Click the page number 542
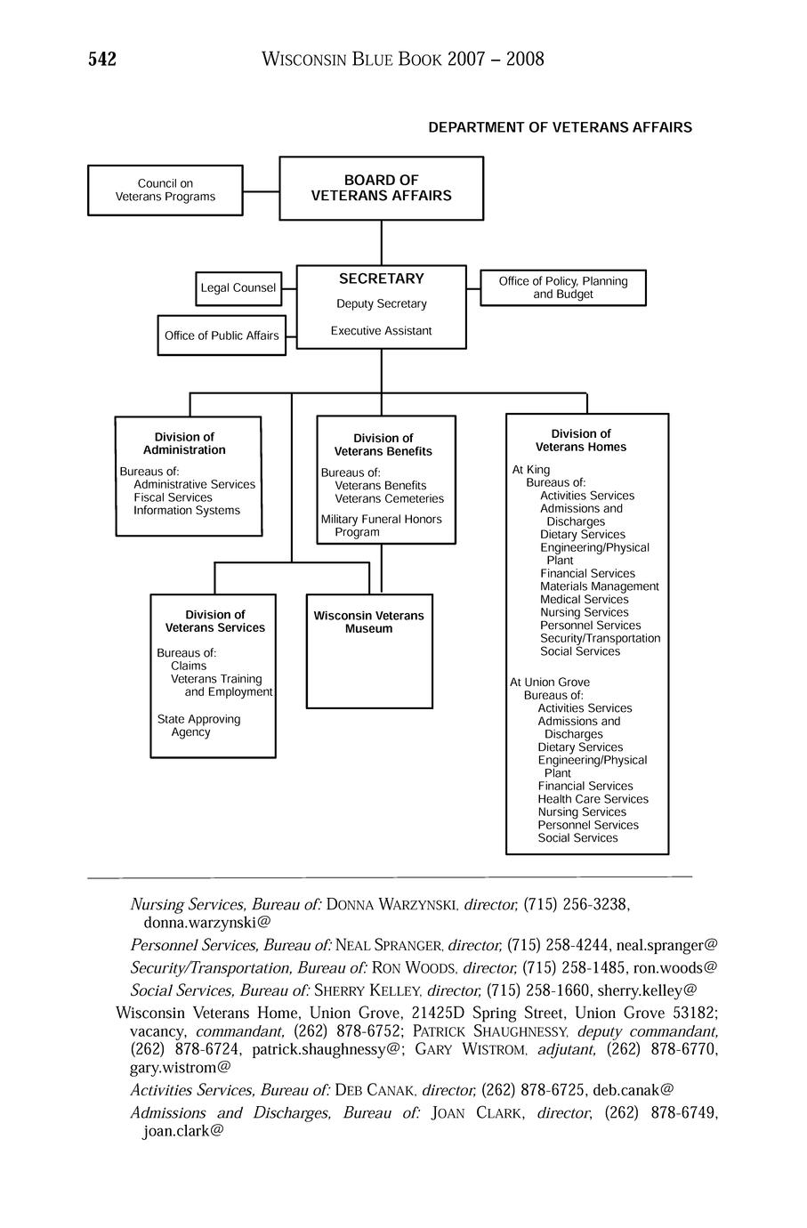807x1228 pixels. (x=102, y=60)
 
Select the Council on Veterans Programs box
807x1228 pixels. (x=165, y=190)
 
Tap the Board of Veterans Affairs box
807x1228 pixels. (x=381, y=188)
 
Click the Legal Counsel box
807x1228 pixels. (x=238, y=288)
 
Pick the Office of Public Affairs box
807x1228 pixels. (x=222, y=335)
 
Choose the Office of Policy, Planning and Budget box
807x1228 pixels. (x=563, y=287)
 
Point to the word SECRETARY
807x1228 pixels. (x=382, y=279)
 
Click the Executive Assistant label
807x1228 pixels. (x=382, y=331)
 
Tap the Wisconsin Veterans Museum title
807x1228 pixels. (x=369, y=622)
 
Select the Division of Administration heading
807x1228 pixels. (x=185, y=443)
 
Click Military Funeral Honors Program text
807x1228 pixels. (x=381, y=526)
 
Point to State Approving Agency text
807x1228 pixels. (x=198, y=725)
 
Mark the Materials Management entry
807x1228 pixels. (x=600, y=586)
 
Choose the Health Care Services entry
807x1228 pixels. (x=593, y=799)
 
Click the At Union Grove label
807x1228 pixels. (x=550, y=683)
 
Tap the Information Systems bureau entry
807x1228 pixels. (x=187, y=511)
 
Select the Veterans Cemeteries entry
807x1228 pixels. (x=389, y=499)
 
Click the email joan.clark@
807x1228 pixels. (x=183, y=1132)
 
